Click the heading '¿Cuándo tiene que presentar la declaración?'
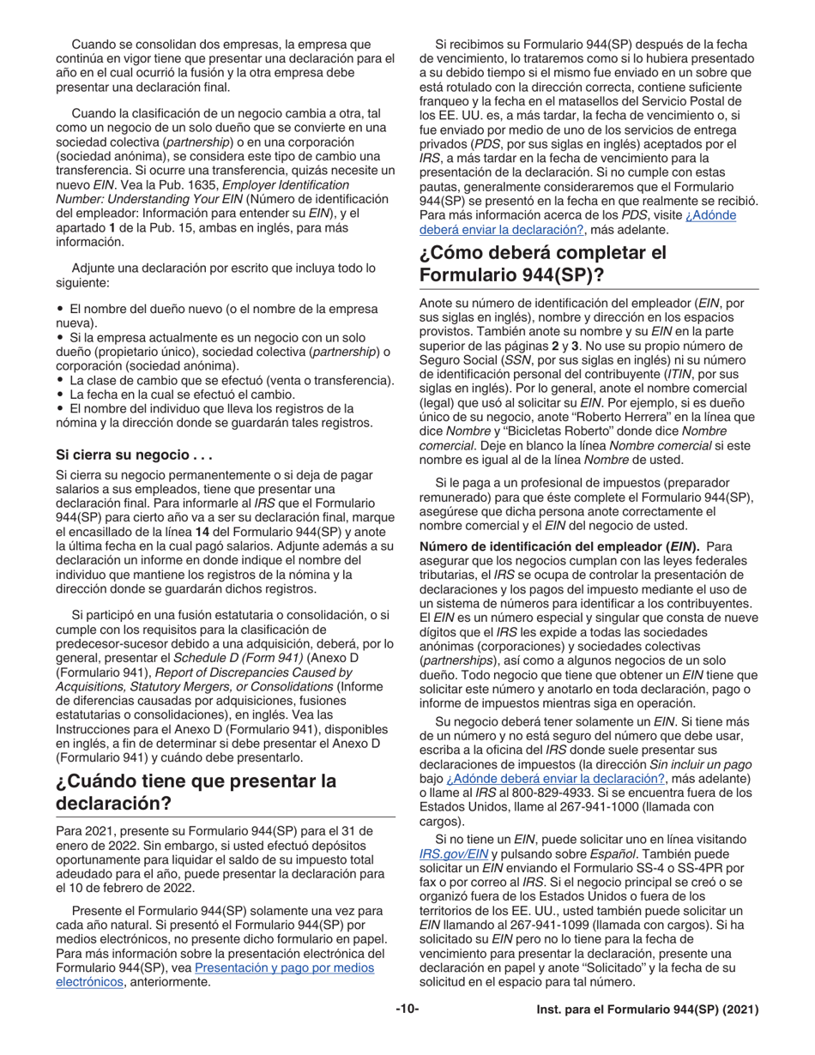coord(196,793)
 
